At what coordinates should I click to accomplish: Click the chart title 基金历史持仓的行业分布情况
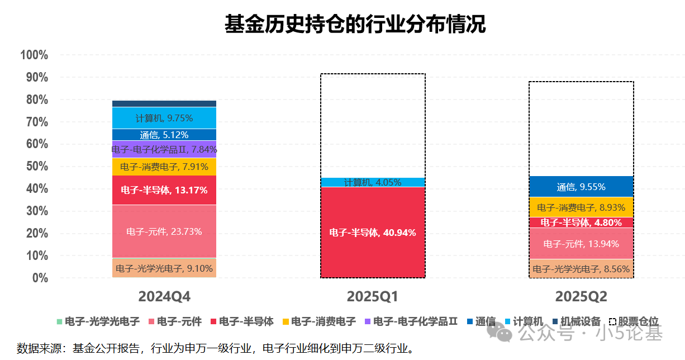[x=355, y=25]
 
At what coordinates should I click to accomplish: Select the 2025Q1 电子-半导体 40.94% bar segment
[x=373, y=233]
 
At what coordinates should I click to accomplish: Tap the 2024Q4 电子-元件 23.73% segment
[x=164, y=231]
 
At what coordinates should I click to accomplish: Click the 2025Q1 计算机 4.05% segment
[x=373, y=182]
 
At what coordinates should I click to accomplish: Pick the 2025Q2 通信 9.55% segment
[x=581, y=187]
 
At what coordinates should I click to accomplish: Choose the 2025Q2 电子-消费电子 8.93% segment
[x=581, y=207]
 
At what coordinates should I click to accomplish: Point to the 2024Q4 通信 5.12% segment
[x=164, y=135]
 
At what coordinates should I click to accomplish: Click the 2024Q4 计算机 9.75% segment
[x=164, y=118]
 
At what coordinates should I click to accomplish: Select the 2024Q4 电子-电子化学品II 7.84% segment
[x=164, y=149]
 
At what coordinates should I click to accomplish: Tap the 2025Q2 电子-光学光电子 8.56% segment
[x=581, y=269]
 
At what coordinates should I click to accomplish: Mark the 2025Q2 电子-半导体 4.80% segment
[x=581, y=222]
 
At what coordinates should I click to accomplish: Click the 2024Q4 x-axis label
[x=164, y=296]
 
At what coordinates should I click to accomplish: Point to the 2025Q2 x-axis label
[x=581, y=296]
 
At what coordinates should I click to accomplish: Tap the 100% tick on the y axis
[x=34, y=55]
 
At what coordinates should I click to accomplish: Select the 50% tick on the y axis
[x=37, y=167]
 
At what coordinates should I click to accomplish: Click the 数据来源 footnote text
[x=215, y=348]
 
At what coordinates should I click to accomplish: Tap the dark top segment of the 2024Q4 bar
[x=164, y=103]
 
